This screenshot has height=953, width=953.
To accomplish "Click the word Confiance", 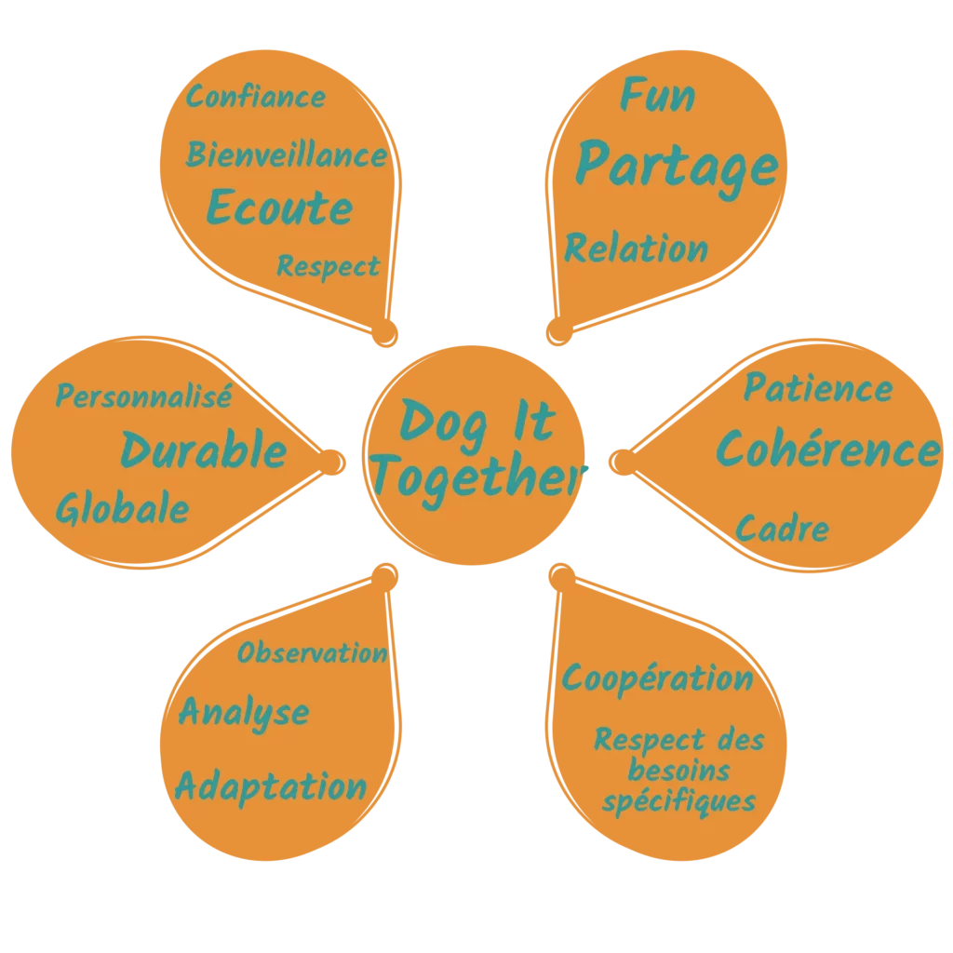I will (256, 97).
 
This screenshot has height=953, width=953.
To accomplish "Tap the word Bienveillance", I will (287, 154).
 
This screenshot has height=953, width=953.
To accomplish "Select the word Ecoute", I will (279, 208).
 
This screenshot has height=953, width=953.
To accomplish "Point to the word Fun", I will (658, 95).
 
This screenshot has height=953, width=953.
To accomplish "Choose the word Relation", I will (637, 249).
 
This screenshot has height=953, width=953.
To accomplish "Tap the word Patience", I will (818, 388).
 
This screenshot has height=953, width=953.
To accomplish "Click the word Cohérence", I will (827, 451).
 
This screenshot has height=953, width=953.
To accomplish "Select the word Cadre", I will (783, 530).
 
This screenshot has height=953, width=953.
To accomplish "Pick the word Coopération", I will (658, 678).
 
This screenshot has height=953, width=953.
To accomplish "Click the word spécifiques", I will (678, 801).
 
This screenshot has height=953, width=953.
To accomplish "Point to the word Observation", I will (313, 653).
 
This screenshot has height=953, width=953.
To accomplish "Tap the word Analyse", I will (244, 714).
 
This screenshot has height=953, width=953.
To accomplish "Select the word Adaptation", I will (271, 787).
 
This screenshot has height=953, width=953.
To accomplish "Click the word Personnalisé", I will (143, 396).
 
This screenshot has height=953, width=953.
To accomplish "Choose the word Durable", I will (204, 451).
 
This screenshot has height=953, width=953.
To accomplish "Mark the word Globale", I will (122, 509).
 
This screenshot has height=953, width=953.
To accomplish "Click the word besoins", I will (678, 771).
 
